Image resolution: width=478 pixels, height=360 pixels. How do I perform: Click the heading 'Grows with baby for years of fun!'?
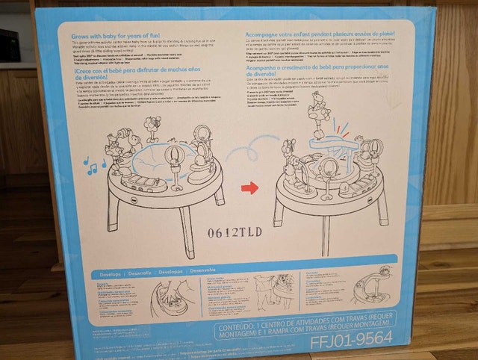click(116, 36)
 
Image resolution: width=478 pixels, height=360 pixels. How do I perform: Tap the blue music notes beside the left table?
click(93, 164)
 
